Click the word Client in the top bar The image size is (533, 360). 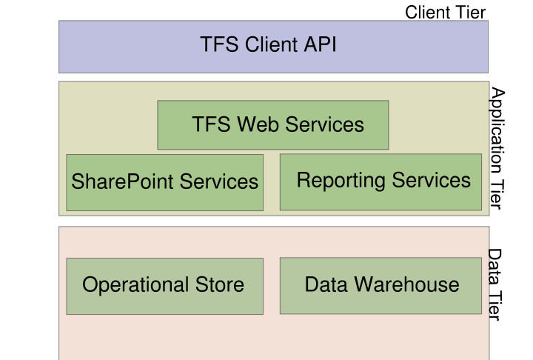coord(264,44)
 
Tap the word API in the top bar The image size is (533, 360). coord(319,44)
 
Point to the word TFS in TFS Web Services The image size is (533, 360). coord(211,124)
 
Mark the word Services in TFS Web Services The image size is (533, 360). coord(324,124)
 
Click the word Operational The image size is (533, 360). coord(135,284)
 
